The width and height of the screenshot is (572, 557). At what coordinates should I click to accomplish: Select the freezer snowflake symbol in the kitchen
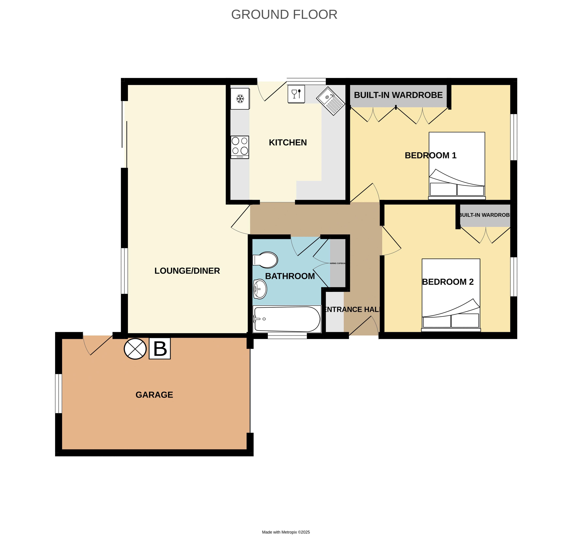click(x=240, y=99)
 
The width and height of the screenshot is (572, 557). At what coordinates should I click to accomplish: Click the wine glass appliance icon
click(x=296, y=94)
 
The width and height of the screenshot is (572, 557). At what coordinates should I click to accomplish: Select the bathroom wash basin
click(x=260, y=289)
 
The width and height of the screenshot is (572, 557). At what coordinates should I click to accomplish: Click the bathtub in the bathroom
click(x=287, y=319)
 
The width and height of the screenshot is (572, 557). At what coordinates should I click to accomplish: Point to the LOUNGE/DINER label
click(x=187, y=271)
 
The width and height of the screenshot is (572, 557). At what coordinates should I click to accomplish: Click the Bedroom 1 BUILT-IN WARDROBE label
click(x=398, y=95)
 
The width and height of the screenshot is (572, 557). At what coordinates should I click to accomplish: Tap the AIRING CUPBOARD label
click(x=338, y=263)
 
